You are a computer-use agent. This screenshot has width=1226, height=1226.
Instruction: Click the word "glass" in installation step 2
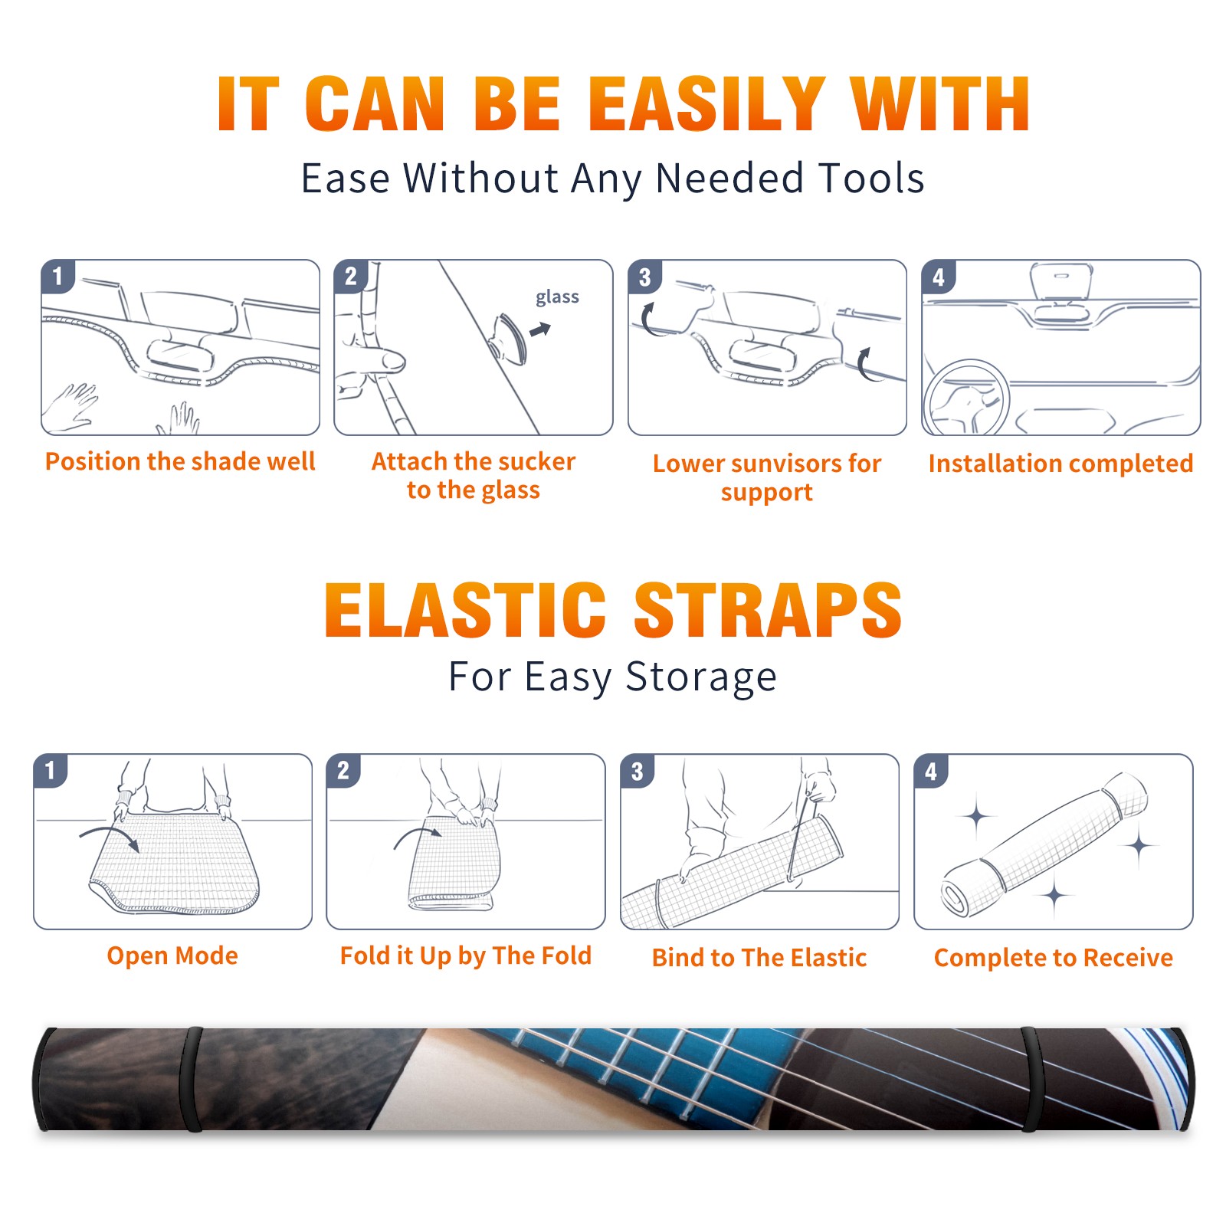click(557, 297)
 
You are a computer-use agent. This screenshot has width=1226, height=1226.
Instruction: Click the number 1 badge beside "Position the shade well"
click(58, 276)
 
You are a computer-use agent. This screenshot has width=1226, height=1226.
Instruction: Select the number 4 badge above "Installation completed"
click(939, 276)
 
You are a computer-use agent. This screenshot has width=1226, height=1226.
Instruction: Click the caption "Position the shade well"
click(180, 461)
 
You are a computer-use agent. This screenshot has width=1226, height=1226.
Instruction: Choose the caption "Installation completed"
click(1060, 464)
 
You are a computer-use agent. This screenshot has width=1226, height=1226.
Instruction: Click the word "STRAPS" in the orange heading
click(768, 610)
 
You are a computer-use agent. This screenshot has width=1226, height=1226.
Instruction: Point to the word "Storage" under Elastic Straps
click(701, 677)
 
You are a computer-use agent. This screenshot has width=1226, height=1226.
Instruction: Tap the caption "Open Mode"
click(172, 956)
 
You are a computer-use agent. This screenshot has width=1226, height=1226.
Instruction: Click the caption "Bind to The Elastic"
click(759, 958)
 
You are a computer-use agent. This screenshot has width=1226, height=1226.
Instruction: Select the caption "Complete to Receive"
click(1054, 958)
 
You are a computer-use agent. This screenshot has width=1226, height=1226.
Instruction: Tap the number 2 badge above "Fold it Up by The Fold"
click(343, 770)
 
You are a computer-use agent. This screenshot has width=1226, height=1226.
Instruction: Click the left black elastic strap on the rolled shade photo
click(191, 1079)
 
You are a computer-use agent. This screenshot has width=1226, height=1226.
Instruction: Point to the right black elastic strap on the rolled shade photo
click(1033, 1079)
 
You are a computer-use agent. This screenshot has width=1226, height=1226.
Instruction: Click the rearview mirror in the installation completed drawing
click(1061, 281)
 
